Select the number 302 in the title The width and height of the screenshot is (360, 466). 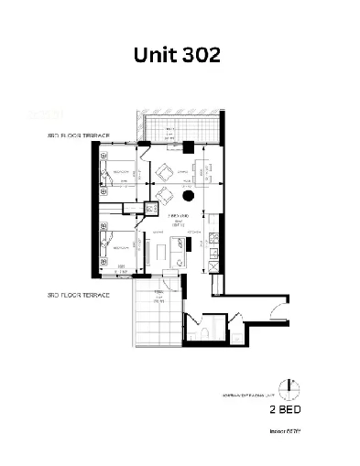coord(200,54)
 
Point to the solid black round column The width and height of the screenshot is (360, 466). coord(187,195)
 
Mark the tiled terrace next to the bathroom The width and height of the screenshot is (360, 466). coord(158,317)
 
